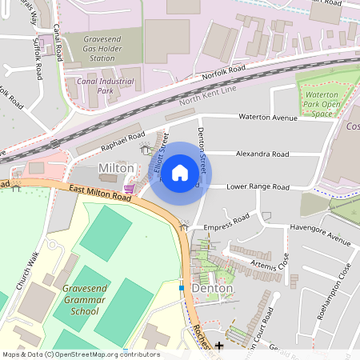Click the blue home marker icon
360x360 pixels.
180,172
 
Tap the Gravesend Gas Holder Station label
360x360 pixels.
90,50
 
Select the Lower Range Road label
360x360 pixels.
258,187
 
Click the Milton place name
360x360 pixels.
115,168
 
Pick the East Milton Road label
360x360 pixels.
99,193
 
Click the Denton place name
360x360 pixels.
212,287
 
